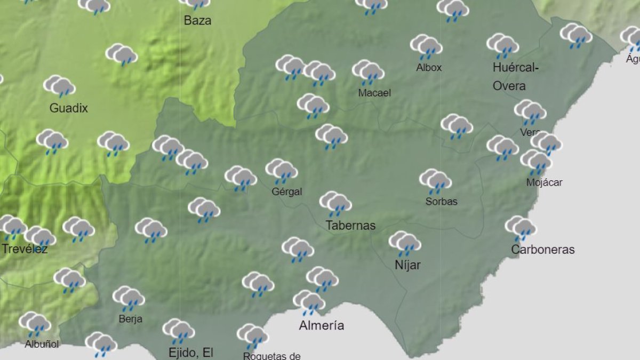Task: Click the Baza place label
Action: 197,21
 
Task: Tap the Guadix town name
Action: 68,108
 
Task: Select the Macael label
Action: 374,93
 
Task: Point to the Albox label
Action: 429,68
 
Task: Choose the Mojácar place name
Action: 544,182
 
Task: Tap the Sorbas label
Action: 441,202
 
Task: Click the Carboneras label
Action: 542,250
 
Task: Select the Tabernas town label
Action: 350,226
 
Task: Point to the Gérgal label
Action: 286,191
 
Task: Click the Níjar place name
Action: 407,265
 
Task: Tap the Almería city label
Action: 321,325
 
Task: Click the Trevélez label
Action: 25,249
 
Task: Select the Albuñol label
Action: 42,344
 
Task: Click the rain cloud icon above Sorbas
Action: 436,181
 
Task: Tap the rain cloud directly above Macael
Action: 369,71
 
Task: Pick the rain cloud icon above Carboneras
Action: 521,228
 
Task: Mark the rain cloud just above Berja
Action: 129,298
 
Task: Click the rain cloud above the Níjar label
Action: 405,243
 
